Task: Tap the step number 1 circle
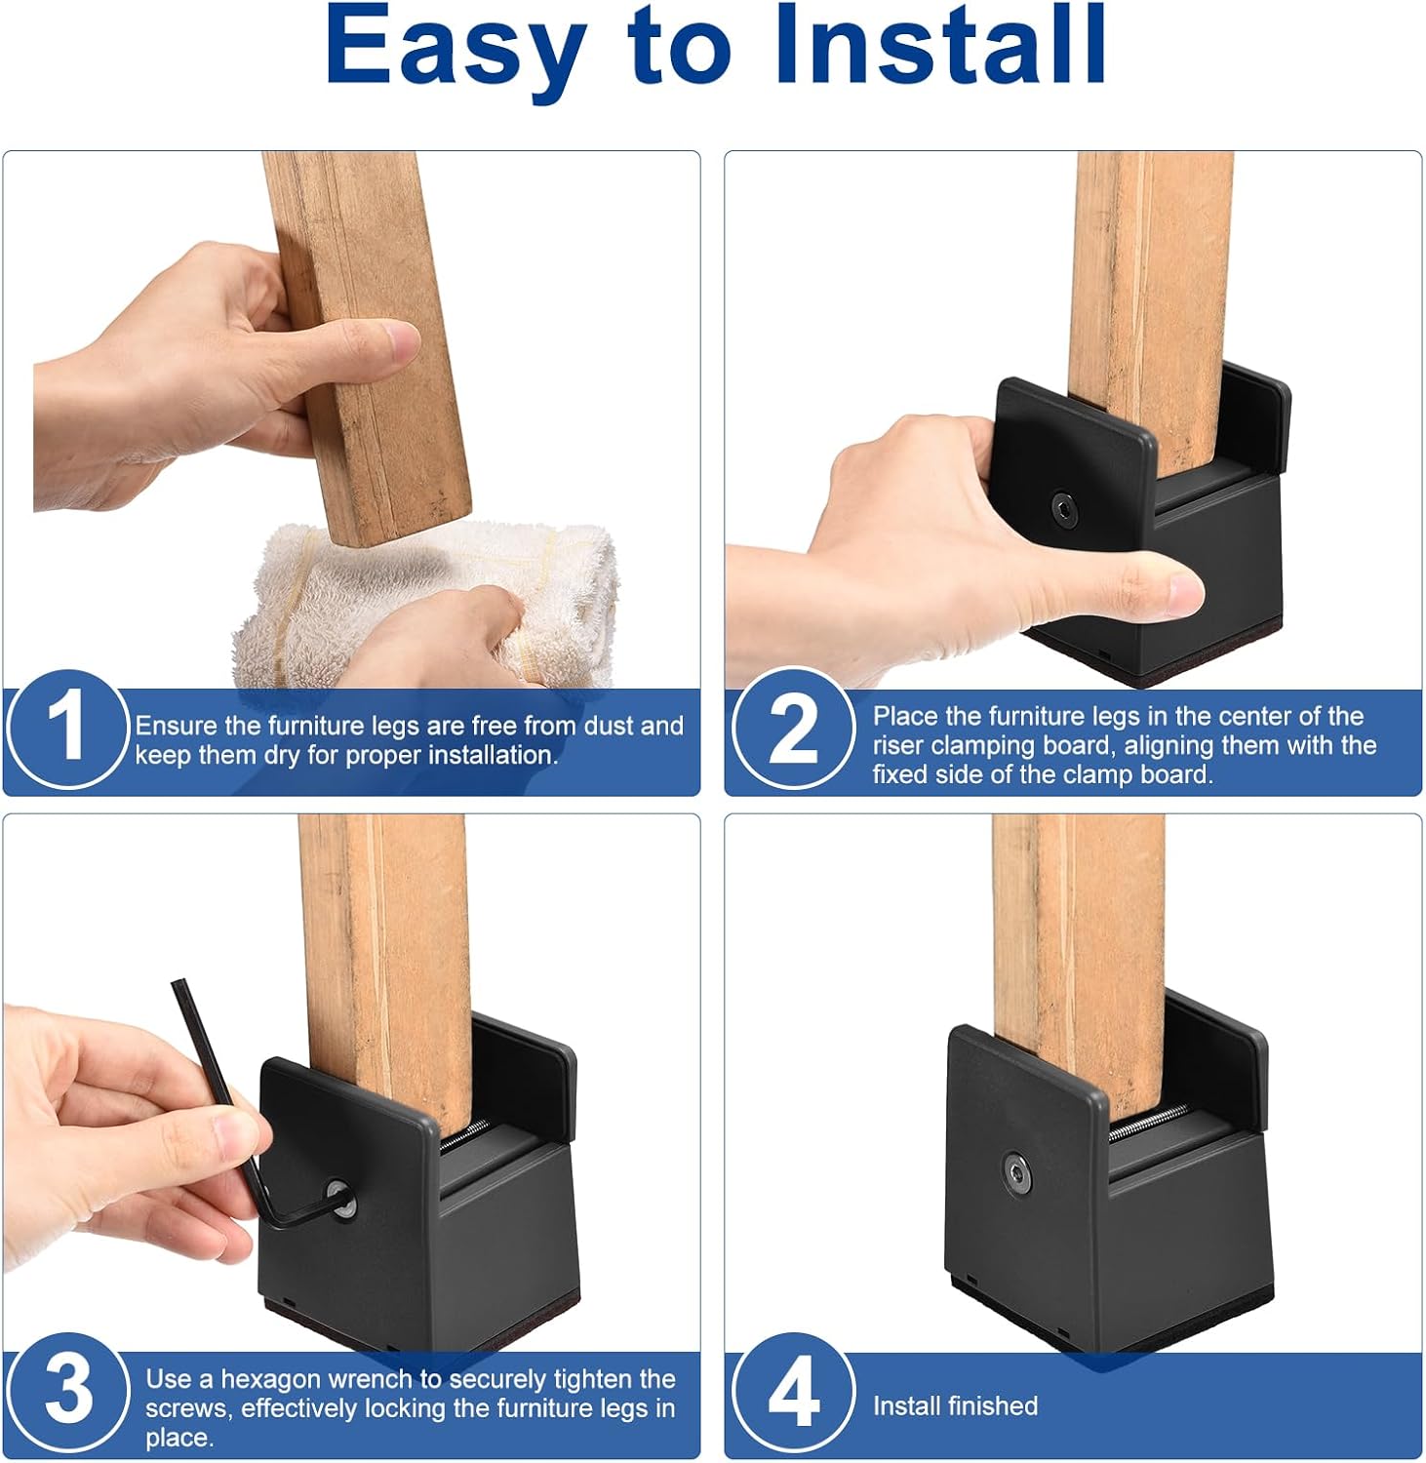pos(67,729)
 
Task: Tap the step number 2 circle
pos(793,729)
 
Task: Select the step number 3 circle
pos(67,1393)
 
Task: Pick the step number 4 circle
pos(793,1393)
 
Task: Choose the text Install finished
pos(955,1405)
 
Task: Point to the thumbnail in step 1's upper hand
pos(400,342)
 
